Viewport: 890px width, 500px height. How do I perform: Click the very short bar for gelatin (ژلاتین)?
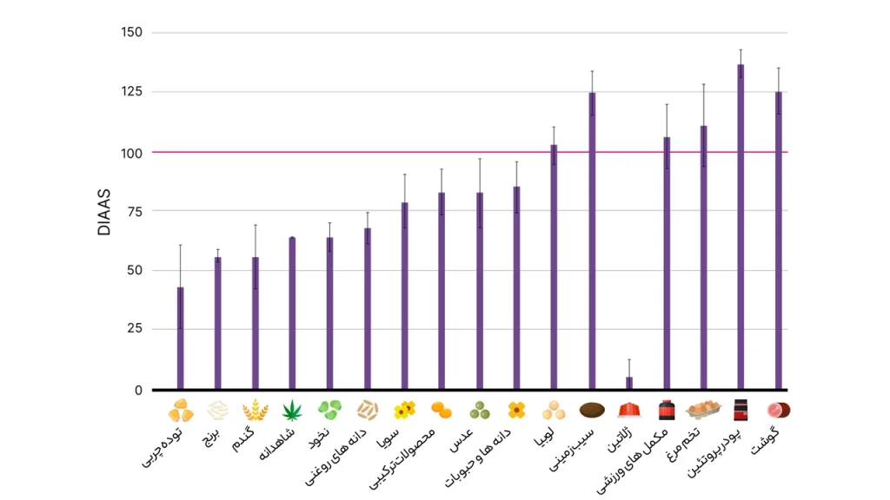[x=629, y=383]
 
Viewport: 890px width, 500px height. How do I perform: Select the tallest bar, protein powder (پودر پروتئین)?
[x=741, y=226]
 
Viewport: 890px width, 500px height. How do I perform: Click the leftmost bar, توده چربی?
[x=180, y=338]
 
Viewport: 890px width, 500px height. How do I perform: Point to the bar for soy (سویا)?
[x=404, y=296]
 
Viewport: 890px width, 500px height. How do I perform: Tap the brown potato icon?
[x=592, y=410]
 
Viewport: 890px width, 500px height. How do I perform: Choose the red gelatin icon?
[x=629, y=410]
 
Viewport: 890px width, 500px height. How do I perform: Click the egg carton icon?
[x=702, y=410]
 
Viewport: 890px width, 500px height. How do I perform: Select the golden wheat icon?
[x=255, y=410]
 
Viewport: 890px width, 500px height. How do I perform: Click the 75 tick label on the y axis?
[x=134, y=211]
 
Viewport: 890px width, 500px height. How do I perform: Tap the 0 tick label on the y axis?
[x=137, y=390]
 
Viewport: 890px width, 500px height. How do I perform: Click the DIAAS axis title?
[x=104, y=213]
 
